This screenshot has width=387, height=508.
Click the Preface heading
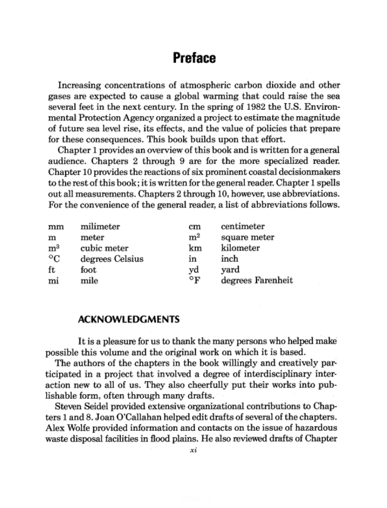tap(194, 58)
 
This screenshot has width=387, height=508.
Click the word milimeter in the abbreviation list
tap(100, 227)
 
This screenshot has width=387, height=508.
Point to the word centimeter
tap(243, 227)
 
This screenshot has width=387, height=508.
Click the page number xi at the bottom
tap(192, 450)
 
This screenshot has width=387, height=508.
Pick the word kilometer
tap(240, 248)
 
